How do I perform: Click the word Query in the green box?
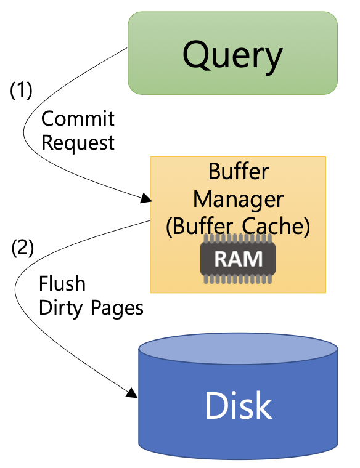tap(232, 57)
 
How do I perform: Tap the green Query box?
tap(233, 53)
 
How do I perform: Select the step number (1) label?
tap(21, 90)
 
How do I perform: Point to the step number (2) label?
tap(22, 248)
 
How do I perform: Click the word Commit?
tap(78, 119)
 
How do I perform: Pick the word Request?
tap(78, 143)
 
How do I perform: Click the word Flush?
tap(62, 283)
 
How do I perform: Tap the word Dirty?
tap(60, 308)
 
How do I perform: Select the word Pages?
tap(117, 309)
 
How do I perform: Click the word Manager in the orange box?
tap(238, 200)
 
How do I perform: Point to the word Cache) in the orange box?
tap(276, 226)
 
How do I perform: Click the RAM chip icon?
tap(238, 259)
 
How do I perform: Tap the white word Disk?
tap(238, 406)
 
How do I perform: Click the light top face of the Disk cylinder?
tap(238, 349)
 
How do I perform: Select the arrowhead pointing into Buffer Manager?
tap(146, 198)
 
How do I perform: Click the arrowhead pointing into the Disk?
tap(132, 393)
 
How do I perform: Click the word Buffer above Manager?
tap(239, 172)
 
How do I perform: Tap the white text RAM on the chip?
tap(238, 259)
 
